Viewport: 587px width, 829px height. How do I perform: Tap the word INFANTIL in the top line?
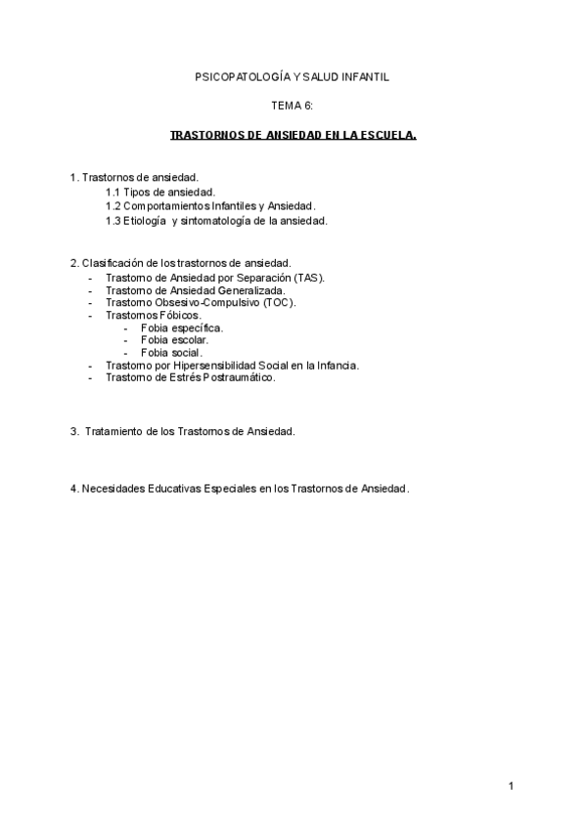click(x=362, y=75)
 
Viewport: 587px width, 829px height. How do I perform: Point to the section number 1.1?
click(x=113, y=193)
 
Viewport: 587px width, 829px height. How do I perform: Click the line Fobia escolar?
click(x=174, y=340)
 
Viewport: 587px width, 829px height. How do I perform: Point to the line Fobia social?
click(x=171, y=353)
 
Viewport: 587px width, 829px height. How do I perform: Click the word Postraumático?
click(x=239, y=377)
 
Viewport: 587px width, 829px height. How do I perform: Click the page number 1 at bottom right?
click(x=511, y=787)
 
